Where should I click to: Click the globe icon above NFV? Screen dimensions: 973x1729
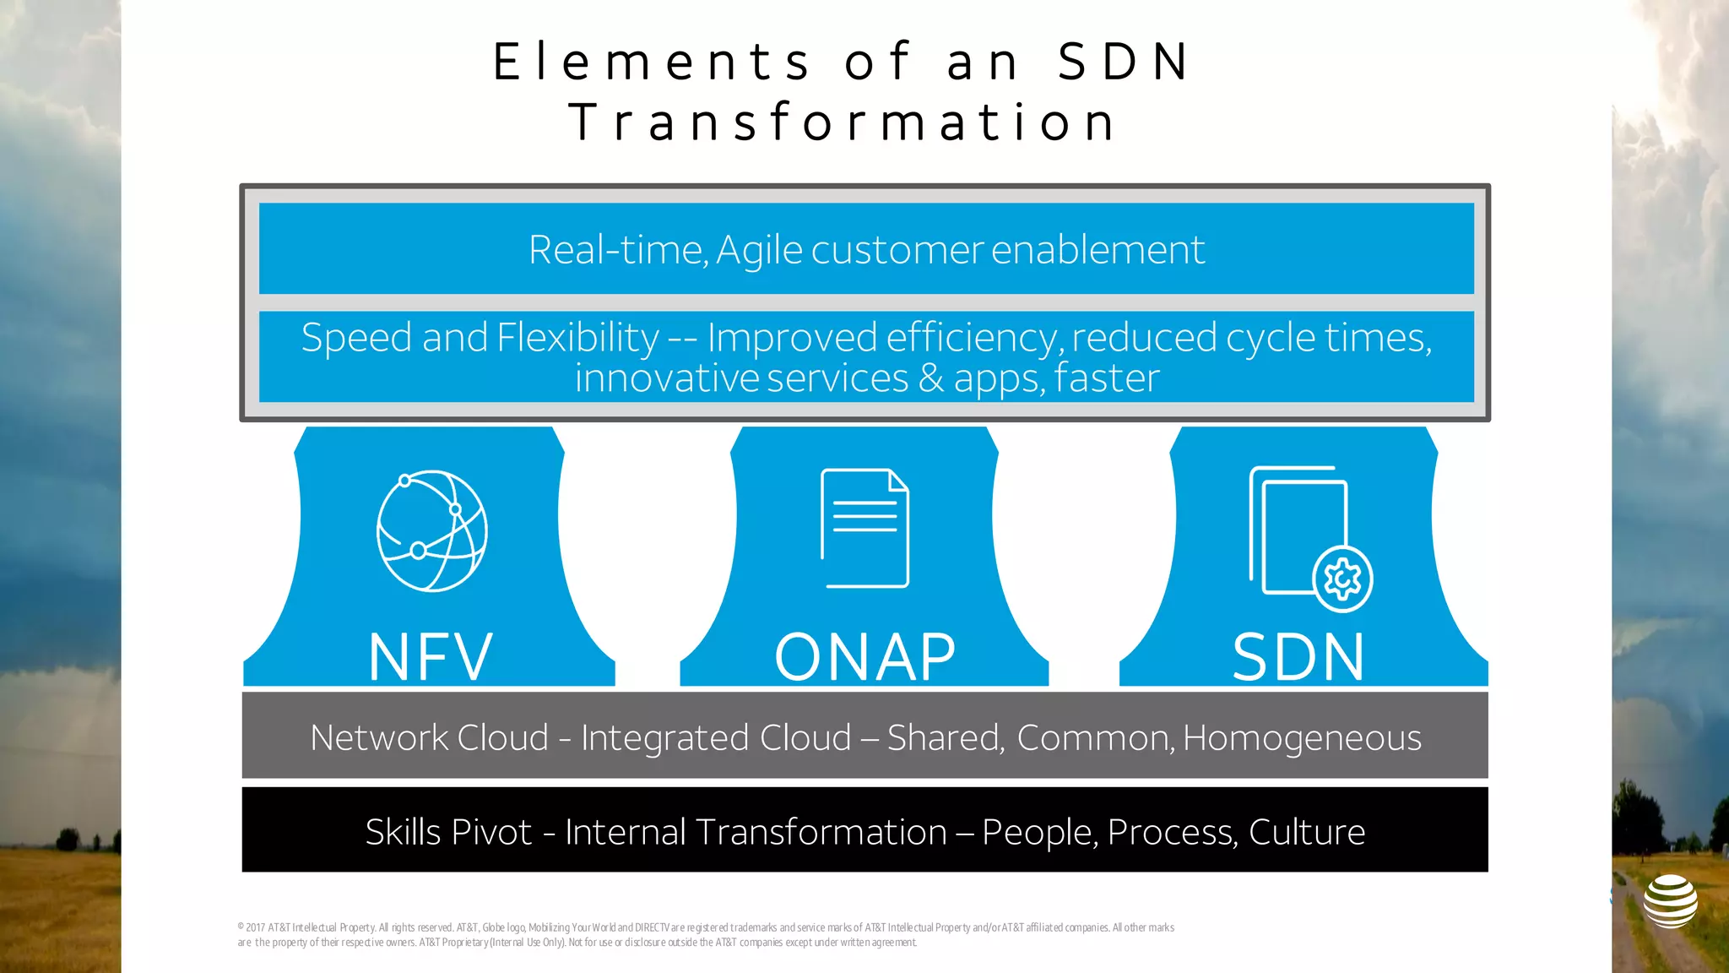[431, 531]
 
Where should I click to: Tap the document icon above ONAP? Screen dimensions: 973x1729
[864, 528]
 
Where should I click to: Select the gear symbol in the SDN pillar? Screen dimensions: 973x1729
[1342, 579]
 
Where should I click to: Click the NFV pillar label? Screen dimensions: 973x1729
[431, 656]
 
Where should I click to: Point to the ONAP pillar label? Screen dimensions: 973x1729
[865, 656]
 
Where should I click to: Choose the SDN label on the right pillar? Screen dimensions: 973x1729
[1298, 656]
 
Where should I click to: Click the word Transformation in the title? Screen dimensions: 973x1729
[843, 122]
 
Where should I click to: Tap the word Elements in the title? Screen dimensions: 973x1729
[652, 62]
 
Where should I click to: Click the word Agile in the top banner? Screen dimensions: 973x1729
[759, 250]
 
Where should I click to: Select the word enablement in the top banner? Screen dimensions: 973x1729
[1098, 250]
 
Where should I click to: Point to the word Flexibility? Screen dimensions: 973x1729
[578, 338]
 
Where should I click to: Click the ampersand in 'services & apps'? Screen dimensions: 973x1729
[931, 378]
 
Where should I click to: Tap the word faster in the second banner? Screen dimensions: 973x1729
[1107, 378]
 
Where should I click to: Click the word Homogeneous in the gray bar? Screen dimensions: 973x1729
[1302, 738]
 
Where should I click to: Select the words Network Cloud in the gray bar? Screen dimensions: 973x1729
[430, 738]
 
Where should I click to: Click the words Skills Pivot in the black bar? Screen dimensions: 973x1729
[448, 832]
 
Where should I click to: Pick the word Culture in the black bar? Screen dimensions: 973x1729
[1306, 832]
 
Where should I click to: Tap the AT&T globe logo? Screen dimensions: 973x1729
[1670, 901]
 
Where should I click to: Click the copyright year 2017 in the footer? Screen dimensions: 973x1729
[255, 927]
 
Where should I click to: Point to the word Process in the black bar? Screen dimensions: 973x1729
[1172, 832]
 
